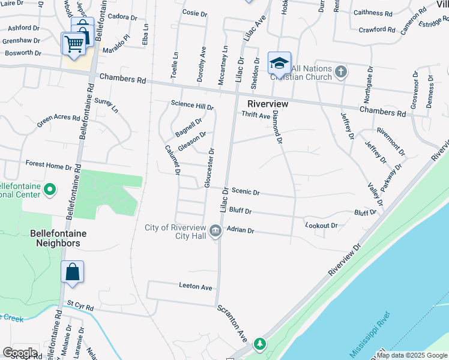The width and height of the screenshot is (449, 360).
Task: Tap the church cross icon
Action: tap(340, 73)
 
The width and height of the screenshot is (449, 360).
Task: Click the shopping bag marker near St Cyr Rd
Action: tap(72, 272)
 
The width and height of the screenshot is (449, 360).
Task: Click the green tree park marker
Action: tap(259, 344)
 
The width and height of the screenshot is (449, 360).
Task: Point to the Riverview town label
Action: tap(268, 104)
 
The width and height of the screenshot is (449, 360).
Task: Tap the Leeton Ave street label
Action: tap(196, 287)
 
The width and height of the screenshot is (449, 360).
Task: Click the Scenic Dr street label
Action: tap(246, 193)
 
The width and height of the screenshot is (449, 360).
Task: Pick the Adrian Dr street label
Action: tap(240, 230)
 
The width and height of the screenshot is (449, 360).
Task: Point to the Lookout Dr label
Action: tap(321, 226)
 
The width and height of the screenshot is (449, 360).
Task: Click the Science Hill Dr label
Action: tap(192, 104)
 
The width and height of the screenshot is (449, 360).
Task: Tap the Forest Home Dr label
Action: tap(49, 164)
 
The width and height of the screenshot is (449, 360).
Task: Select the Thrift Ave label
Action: tap(256, 116)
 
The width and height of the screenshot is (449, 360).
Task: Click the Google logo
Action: tap(20, 353)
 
